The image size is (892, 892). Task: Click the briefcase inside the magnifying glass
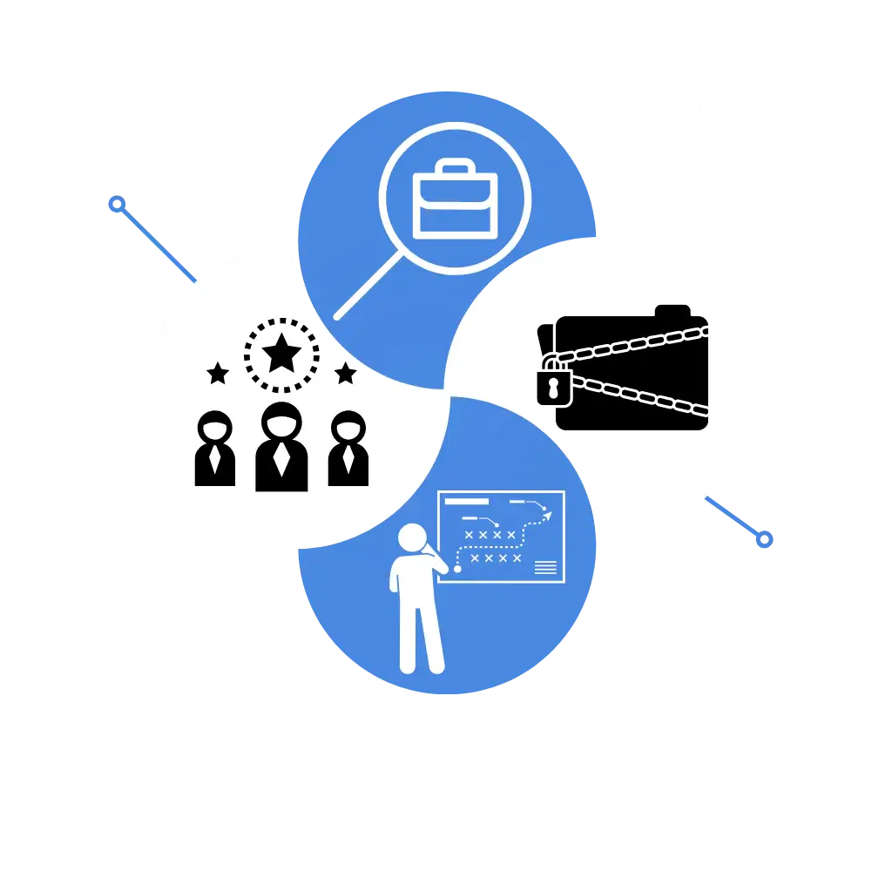[x=455, y=201]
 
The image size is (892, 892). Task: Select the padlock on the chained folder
[x=554, y=384]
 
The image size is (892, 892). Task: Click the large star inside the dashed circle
[x=281, y=355]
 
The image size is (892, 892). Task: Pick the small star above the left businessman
[x=218, y=374]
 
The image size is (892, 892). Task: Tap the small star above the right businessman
[x=346, y=374]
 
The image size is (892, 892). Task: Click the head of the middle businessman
[x=281, y=423]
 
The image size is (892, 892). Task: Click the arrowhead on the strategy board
[x=547, y=516]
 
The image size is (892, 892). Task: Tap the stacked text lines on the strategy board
[x=545, y=568]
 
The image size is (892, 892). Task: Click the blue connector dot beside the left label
[x=114, y=206]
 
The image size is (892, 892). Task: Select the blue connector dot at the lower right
[x=765, y=541]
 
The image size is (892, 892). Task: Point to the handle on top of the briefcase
[x=455, y=168]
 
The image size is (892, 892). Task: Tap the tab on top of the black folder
[x=672, y=311]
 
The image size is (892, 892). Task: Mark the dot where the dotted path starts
[x=457, y=569]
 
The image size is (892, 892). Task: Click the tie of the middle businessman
[x=281, y=459]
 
